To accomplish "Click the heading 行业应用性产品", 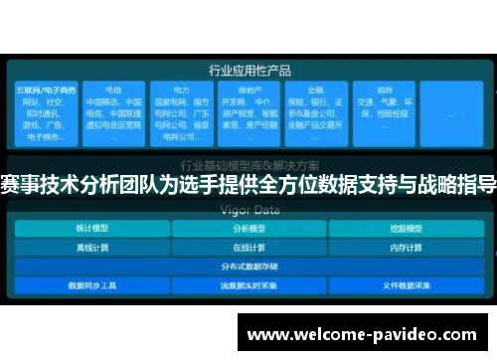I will (x=248, y=71).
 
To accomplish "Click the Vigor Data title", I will (x=248, y=210).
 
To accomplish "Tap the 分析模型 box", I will (x=248, y=229).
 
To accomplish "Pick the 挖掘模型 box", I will (x=405, y=229).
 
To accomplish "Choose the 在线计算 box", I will (x=248, y=248).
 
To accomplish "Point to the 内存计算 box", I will (x=405, y=248).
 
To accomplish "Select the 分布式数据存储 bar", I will (x=248, y=266).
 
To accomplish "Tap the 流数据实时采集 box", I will (x=248, y=284).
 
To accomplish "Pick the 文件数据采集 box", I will (x=405, y=284).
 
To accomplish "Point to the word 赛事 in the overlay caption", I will (x=16, y=185).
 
